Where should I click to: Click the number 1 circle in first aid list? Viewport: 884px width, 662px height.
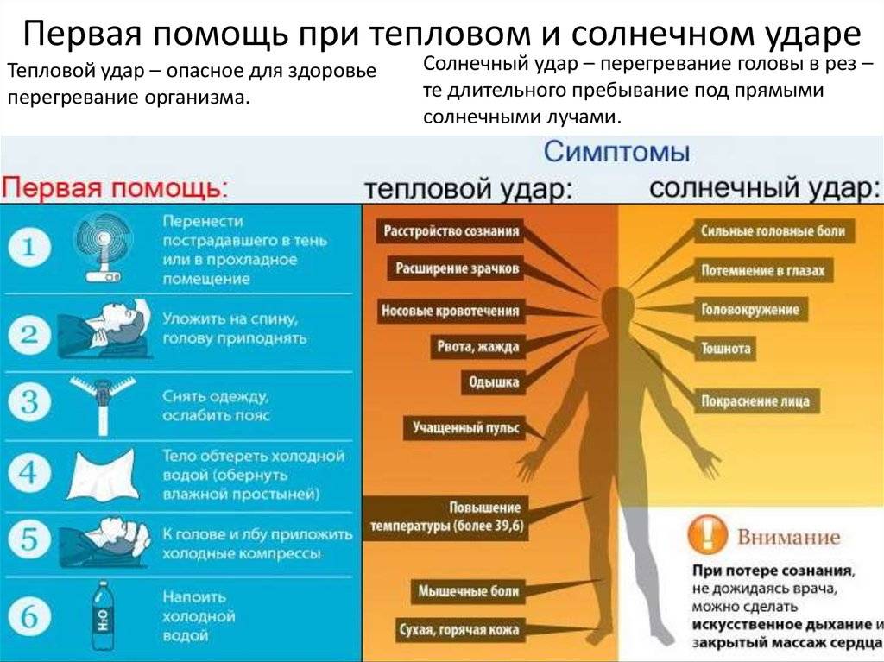click(29, 249)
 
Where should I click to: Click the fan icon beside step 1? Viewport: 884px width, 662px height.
click(104, 247)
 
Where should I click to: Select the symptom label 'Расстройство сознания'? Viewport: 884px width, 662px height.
click(451, 231)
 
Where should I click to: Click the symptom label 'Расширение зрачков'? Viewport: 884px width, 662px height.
click(458, 269)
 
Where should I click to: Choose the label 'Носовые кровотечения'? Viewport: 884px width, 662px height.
click(451, 310)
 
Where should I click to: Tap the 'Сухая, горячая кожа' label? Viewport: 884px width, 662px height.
click(459, 629)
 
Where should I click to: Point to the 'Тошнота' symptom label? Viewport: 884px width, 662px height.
click(726, 349)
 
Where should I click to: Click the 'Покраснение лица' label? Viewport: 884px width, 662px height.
click(756, 401)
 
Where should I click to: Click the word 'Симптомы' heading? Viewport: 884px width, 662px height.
click(616, 154)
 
